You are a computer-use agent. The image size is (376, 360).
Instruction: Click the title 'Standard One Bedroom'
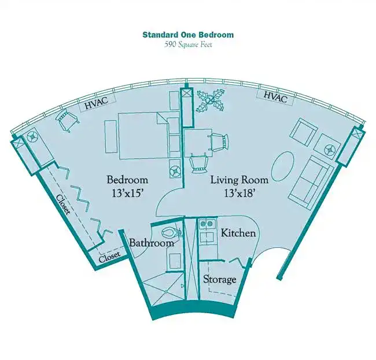(x=188, y=35)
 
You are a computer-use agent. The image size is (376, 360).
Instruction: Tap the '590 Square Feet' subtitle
(x=188, y=44)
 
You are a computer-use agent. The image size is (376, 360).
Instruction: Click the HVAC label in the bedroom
(x=97, y=103)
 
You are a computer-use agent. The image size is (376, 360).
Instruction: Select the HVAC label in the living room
(x=275, y=97)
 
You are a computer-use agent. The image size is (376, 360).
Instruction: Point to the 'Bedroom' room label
(x=127, y=179)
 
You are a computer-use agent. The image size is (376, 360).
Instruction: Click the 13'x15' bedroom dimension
(x=127, y=194)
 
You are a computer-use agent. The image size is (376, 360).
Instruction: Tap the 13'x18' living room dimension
(x=239, y=193)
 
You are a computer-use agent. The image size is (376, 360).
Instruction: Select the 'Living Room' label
(x=239, y=180)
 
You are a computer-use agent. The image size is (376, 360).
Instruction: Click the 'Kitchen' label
(x=238, y=233)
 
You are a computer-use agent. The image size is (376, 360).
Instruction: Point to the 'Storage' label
(x=220, y=279)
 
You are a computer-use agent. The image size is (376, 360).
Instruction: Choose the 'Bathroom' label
(x=152, y=243)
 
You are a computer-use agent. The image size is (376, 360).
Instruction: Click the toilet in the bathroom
(x=172, y=232)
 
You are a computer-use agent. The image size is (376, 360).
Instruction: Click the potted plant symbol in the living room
(x=211, y=101)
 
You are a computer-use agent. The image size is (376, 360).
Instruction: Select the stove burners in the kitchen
(x=207, y=224)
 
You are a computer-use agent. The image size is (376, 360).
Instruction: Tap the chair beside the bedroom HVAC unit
(x=67, y=119)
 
